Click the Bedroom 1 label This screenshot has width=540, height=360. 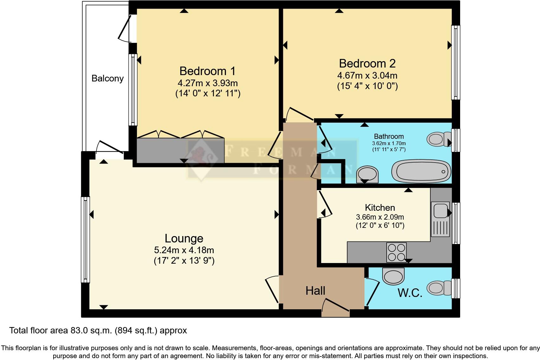[207, 71]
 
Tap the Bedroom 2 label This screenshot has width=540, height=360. [367, 63]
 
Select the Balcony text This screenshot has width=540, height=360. [107, 78]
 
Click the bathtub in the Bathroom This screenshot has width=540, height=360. [421, 171]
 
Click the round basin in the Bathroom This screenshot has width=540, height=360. [367, 174]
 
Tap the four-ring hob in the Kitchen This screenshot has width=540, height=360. [396, 252]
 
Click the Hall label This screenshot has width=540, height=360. [315, 291]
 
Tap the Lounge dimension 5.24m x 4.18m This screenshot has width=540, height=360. [184, 250]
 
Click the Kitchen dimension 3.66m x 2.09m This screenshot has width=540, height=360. [380, 217]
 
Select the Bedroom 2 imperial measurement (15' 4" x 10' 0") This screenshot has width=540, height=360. [367, 86]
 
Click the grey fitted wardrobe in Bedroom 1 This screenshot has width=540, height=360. [180, 150]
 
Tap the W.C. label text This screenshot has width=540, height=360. [410, 293]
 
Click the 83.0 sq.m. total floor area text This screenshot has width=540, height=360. [98, 331]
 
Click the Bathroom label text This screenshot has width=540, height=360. [389, 136]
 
